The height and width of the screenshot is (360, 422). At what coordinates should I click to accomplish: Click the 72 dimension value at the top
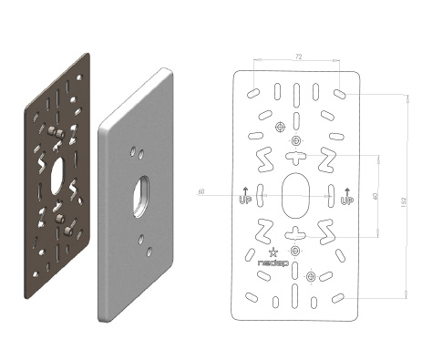click(x=299, y=57)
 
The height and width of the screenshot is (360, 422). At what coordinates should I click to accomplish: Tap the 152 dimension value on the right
click(x=404, y=202)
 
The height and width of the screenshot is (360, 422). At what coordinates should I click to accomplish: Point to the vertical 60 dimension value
click(x=376, y=196)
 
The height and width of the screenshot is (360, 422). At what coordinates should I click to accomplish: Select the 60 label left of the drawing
click(x=201, y=192)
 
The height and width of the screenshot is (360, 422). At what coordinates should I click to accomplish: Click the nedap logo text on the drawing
click(x=273, y=262)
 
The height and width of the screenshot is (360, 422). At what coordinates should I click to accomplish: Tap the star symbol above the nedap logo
click(x=273, y=252)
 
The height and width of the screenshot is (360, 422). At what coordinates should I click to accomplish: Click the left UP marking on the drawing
click(x=244, y=196)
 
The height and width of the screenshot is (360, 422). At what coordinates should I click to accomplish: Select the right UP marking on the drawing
click(x=347, y=196)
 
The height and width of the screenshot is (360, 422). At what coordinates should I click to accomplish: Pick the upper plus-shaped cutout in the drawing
click(x=295, y=157)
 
